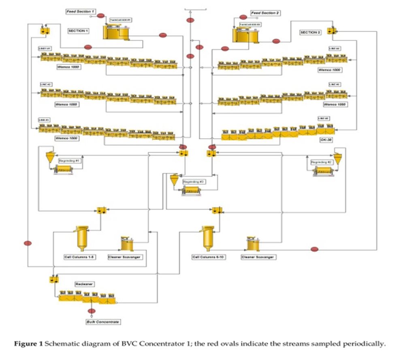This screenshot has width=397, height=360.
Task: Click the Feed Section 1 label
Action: pos(80,12)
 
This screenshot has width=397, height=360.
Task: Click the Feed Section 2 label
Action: pos(266,13)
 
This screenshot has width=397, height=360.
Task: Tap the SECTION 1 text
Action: pos(78,30)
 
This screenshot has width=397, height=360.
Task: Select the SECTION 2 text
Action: pos(310,32)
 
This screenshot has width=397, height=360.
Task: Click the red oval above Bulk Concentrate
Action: pos(92,311)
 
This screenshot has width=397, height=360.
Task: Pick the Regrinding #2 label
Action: pos(321,162)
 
